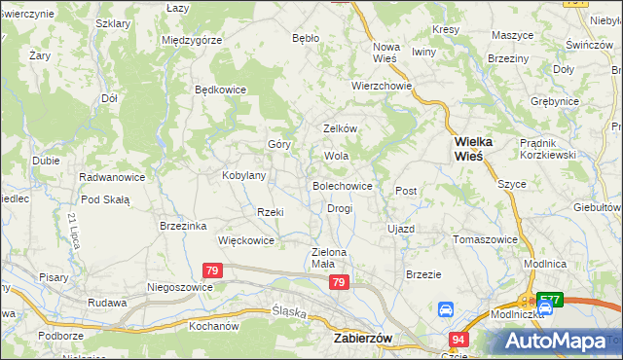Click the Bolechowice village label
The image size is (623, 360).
342,185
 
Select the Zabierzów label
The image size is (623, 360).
362,339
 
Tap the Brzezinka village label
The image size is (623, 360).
183,226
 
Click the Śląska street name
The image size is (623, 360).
288,313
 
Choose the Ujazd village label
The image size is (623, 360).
401,229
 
